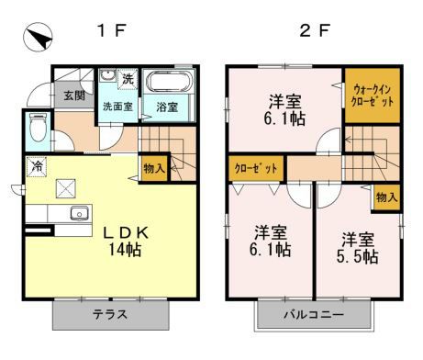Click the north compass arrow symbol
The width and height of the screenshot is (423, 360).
click(x=35, y=39)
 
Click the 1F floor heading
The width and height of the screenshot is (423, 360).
click(x=111, y=30)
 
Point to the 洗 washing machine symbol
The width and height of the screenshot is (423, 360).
click(x=128, y=79)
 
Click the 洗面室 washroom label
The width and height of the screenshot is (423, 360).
click(x=118, y=107)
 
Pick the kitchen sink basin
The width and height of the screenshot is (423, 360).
click(x=79, y=214)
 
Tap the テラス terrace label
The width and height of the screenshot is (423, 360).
click(x=109, y=315)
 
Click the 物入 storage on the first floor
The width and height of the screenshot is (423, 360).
click(x=154, y=167)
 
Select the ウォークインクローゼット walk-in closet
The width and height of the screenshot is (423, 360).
click(x=373, y=96)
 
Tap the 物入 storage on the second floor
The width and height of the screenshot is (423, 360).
click(x=387, y=197)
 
